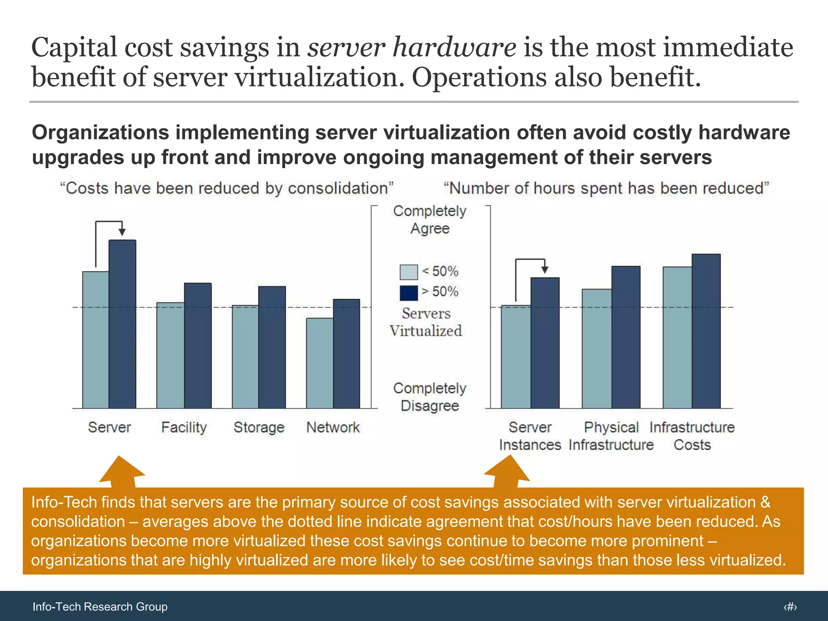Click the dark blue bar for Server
point(123,323)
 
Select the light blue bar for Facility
point(170,356)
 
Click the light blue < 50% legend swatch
point(408,272)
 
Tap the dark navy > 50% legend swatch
point(408,293)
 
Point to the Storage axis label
point(259,427)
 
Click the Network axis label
point(333,427)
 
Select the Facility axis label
point(184,427)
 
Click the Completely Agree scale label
point(430,220)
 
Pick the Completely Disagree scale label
point(430,397)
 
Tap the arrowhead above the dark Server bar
point(122,232)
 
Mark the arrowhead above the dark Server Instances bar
point(545,270)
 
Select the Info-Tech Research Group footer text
point(100,606)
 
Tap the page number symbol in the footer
point(790,606)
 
